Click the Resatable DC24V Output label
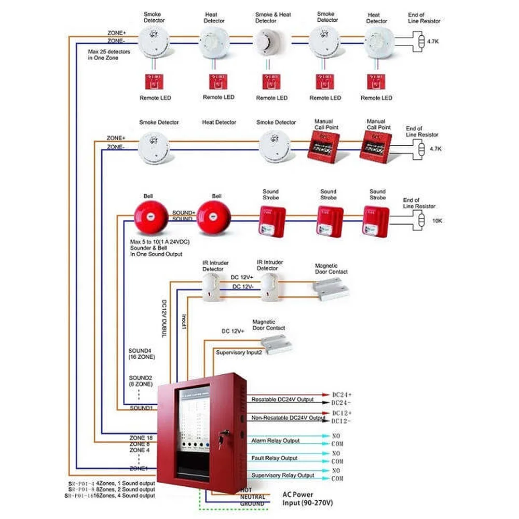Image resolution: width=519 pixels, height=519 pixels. [283, 400]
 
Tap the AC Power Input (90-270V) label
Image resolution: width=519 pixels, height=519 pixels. [308, 499]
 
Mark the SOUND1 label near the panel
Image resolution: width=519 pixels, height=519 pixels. [141, 408]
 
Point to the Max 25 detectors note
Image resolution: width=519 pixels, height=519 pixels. [109, 54]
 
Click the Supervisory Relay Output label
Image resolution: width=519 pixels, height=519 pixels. [283, 475]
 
